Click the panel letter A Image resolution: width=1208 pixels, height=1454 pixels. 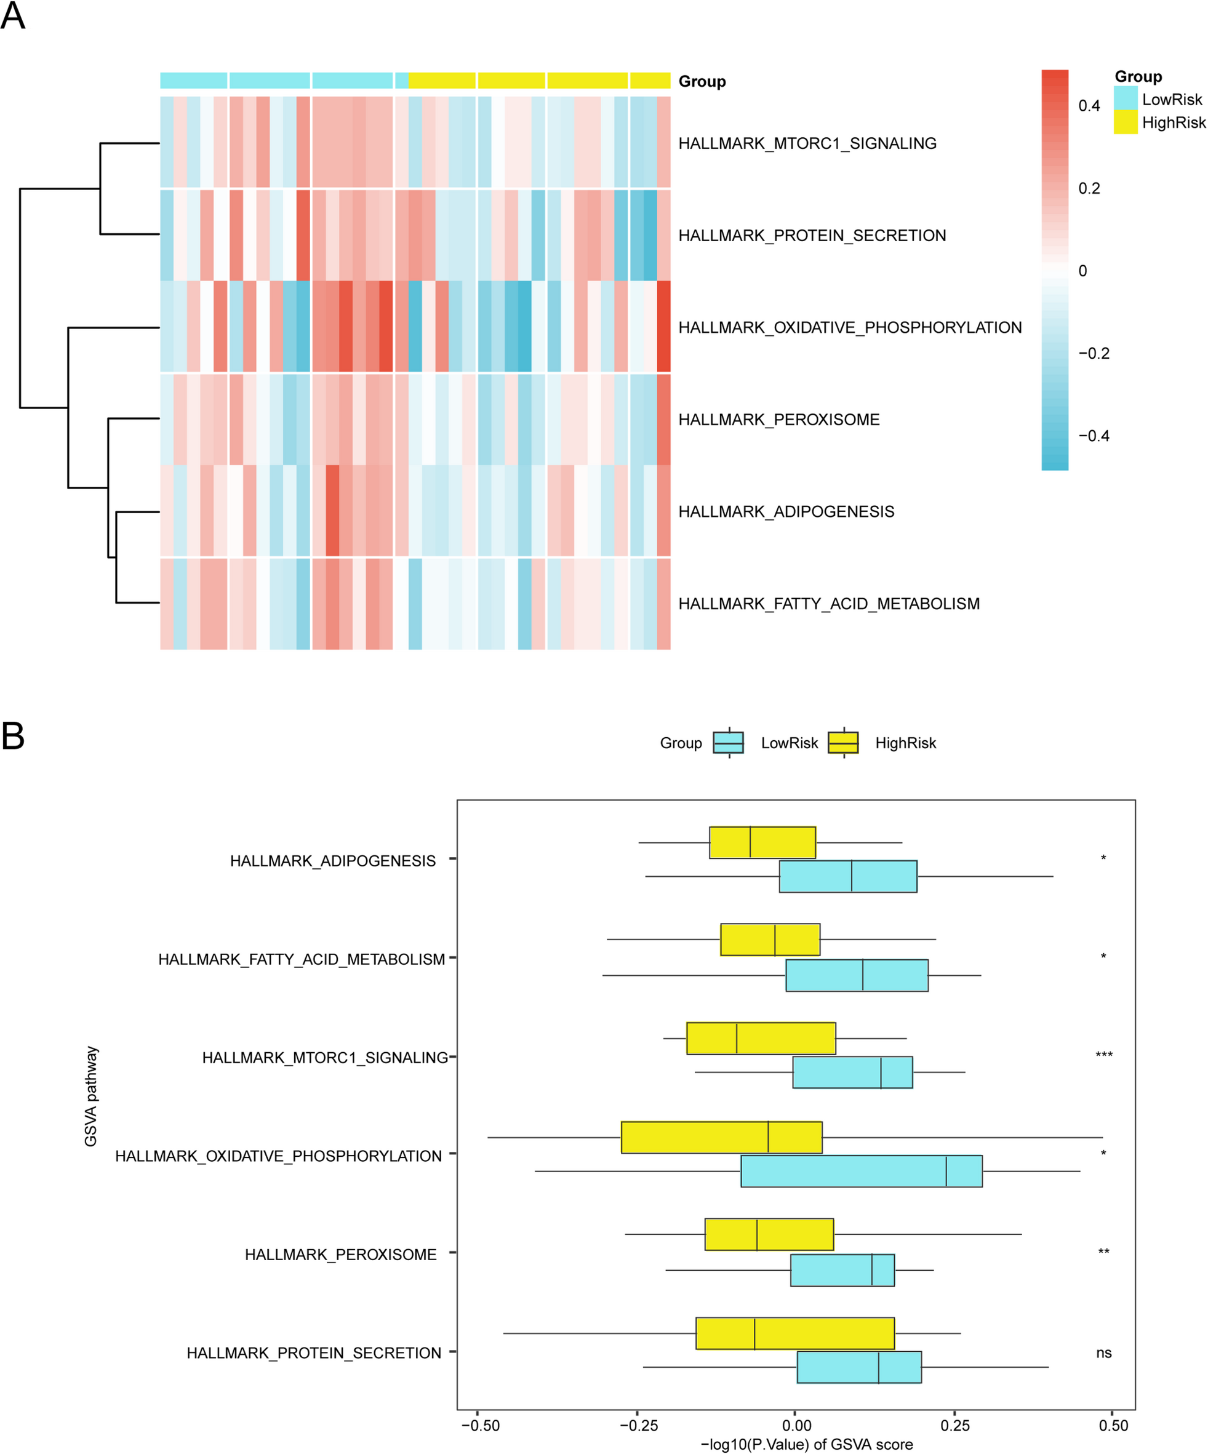point(13,16)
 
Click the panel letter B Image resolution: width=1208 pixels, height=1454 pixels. point(13,736)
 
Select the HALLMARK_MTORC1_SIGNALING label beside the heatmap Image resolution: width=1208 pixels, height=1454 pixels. point(807,143)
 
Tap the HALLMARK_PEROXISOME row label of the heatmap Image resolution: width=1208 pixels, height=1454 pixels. point(779,420)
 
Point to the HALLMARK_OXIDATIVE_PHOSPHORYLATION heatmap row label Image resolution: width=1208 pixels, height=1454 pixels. point(849,327)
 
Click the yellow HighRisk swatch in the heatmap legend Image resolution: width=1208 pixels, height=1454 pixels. point(1126,122)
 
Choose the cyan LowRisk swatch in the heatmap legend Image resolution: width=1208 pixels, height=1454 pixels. point(1126,98)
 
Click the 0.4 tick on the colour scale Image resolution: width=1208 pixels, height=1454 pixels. point(1089,106)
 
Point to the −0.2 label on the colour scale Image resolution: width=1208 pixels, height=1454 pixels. point(1094,354)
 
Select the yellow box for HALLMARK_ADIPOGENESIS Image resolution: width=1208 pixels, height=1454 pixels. point(762,842)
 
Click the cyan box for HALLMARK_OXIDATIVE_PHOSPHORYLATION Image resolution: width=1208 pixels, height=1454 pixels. point(861,1171)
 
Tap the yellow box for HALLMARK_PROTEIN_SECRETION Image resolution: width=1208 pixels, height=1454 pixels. point(794,1333)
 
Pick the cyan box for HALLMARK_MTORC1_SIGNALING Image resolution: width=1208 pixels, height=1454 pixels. point(852,1073)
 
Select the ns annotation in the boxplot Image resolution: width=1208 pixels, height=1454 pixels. point(1103,1353)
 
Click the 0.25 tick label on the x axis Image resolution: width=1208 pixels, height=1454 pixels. point(954,1425)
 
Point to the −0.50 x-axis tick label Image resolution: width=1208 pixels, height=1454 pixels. point(481,1425)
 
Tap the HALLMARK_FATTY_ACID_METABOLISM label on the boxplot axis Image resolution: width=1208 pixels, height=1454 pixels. point(301,959)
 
